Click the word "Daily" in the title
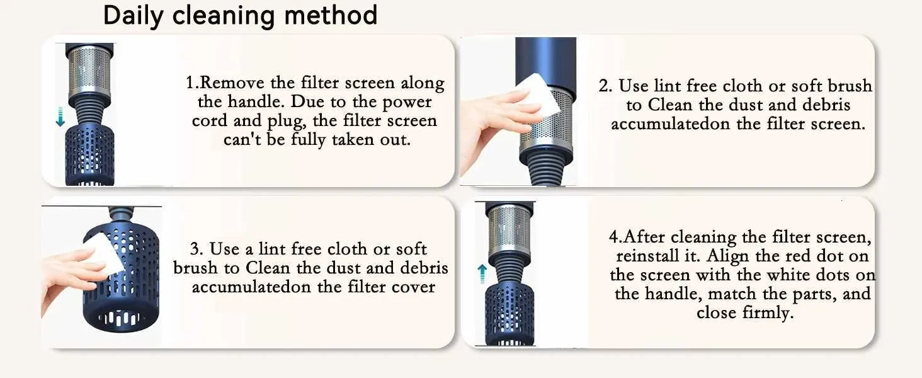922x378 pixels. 133,16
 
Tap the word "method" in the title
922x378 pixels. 331,15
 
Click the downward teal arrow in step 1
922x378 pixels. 60,117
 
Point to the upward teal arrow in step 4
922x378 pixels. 482,274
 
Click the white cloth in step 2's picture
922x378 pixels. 538,93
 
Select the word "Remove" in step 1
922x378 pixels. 232,83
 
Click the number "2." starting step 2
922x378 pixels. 605,86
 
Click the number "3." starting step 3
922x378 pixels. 196,249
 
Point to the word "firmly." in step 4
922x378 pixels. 768,313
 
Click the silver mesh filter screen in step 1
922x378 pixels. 89,71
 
